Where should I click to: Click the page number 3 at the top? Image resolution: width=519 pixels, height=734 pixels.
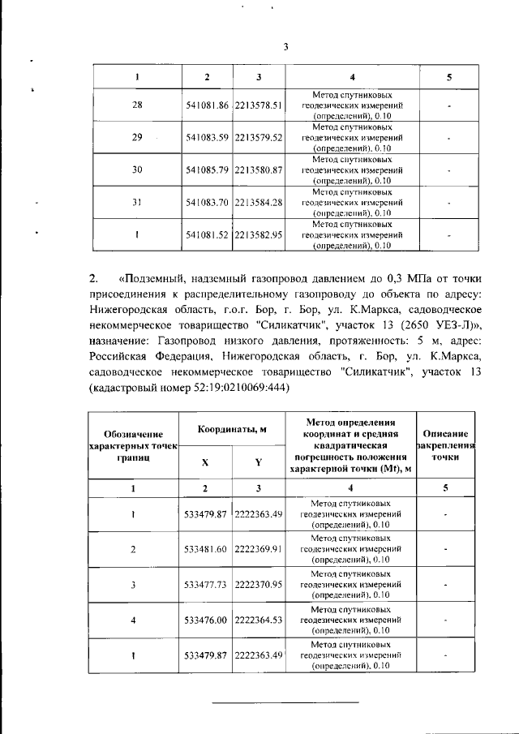285,45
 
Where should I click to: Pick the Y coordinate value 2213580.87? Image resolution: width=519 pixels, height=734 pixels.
258,170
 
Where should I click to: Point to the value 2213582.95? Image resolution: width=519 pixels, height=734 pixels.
258,234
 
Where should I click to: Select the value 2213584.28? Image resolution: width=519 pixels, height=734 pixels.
258,202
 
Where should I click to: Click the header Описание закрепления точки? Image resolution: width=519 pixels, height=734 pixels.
444,445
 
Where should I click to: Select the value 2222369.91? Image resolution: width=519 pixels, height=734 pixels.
258,549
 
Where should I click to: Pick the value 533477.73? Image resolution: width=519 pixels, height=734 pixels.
207,584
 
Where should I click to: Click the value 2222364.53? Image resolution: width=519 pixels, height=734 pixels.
258,620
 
